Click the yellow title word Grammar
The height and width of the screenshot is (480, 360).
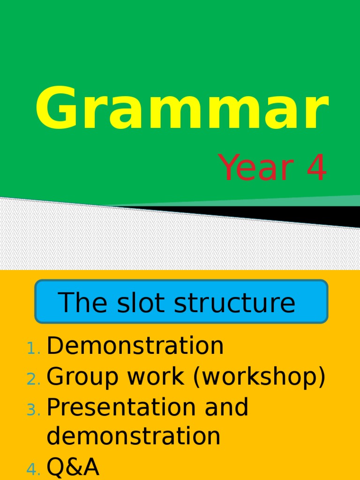[181, 109]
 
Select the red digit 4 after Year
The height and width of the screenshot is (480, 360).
[316, 169]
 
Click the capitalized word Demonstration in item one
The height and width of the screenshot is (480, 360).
[135, 346]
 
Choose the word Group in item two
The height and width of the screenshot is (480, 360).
[81, 377]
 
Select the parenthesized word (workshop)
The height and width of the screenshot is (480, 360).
[257, 377]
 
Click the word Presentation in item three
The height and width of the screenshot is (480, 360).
[121, 407]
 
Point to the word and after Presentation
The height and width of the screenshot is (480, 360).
[226, 407]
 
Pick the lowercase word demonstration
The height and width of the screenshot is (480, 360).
[134, 436]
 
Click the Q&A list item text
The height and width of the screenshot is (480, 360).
[73, 467]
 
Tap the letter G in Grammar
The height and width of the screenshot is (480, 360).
[55, 109]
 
